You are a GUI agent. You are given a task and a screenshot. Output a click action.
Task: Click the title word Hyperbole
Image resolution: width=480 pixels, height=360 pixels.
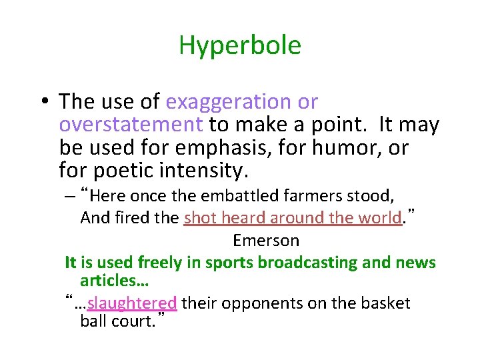[x=240, y=45]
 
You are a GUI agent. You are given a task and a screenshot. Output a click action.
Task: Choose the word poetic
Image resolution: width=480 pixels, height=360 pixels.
[x=123, y=171]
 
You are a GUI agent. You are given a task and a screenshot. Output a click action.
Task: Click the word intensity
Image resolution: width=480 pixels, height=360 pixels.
[x=204, y=171]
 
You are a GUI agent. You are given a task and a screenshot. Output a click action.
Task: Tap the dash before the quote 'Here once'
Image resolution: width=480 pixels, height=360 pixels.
[x=70, y=197]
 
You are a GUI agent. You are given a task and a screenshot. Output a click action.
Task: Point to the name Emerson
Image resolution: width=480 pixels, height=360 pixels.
[x=266, y=240]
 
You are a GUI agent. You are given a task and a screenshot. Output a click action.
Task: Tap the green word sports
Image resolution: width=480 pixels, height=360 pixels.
[x=226, y=263]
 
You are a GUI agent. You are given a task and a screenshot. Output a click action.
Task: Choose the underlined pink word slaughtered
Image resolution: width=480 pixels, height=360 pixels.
[x=132, y=303]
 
